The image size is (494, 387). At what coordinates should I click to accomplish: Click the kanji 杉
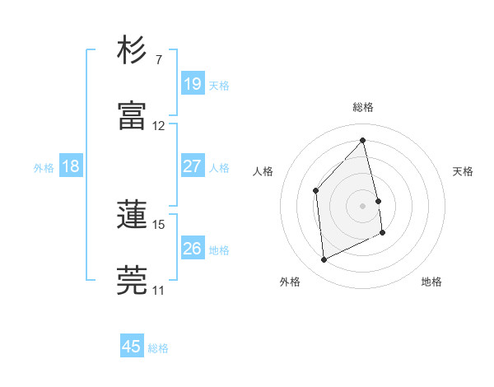pos(132,51)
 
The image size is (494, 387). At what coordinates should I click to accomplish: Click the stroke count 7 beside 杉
pos(158,60)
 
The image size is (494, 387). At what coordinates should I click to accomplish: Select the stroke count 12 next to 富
pos(159,126)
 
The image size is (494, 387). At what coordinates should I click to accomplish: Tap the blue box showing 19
pos(192,83)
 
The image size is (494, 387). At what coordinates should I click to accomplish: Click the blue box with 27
pos(192,166)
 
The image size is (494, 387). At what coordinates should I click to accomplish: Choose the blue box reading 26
pos(192,248)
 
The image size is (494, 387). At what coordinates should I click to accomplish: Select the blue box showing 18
pos(71,166)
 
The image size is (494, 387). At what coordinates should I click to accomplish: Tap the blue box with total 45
pos(132,347)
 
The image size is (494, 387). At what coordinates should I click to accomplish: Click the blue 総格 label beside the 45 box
pos(158,348)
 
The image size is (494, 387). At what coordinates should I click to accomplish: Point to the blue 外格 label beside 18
pos(44,168)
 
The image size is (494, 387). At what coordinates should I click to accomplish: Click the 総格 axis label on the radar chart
pos(363,107)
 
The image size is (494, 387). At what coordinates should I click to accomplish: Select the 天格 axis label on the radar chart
pos(464,171)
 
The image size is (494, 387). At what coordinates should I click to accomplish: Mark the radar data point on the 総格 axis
pos(363,141)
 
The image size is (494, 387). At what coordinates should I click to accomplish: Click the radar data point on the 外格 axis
pos(324,260)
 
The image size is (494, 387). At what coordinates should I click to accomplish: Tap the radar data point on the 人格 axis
pos(315,190)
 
